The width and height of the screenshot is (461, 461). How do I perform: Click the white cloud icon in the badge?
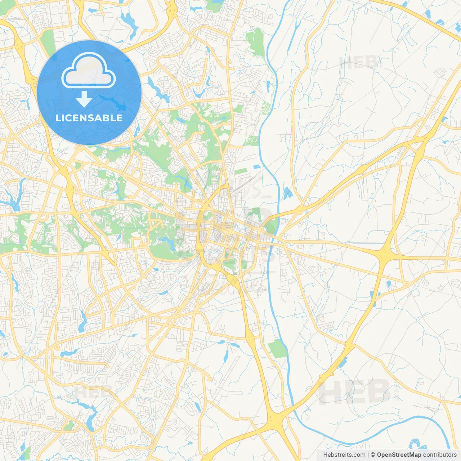tap(89, 71)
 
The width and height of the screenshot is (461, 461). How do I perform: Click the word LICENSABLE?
tap(89, 118)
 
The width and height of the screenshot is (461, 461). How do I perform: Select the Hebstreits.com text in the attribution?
tap(344, 455)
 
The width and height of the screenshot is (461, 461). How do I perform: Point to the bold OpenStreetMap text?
tap(399, 455)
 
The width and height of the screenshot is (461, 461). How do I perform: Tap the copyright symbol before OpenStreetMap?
tap(373, 455)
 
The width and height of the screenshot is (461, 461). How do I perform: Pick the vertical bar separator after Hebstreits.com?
tap(368, 455)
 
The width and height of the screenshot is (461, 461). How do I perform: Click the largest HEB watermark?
tap(355, 392)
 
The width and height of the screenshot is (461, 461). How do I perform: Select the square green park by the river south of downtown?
tap(277, 349)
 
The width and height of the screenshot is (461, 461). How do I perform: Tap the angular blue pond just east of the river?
tap(287, 193)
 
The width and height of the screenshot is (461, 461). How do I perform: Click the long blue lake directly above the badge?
tap(129, 22)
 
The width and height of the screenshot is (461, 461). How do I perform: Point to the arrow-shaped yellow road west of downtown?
tap(157, 225)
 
